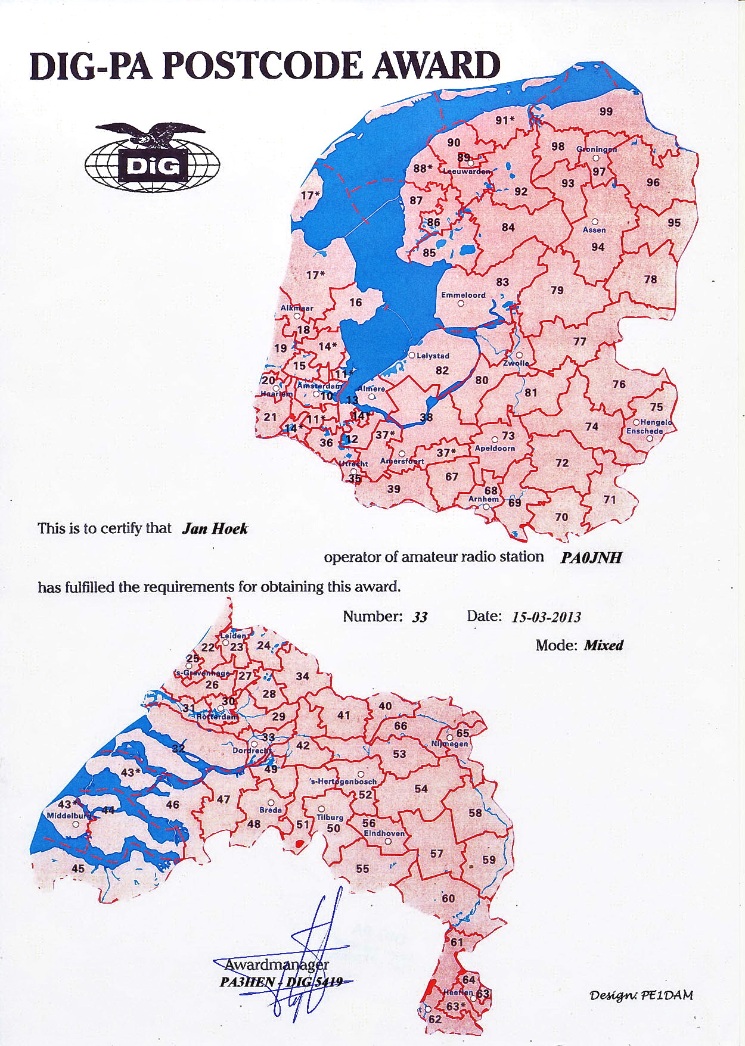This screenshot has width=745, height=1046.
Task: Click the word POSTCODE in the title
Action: [262, 66]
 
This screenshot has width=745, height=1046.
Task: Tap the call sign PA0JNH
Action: [591, 558]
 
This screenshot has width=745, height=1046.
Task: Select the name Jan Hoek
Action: [215, 529]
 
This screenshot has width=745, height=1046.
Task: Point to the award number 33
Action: [420, 617]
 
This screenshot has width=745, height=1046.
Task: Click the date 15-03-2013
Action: [546, 617]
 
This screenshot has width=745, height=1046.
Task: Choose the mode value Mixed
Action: [603, 646]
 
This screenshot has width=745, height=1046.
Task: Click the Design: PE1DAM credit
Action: [641, 995]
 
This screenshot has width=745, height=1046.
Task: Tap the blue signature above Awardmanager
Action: [310, 953]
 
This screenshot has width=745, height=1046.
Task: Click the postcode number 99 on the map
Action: [606, 111]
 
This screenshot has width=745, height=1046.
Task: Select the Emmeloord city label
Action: [463, 295]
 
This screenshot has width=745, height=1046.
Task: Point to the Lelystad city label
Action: [433, 356]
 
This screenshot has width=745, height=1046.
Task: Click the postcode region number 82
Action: [442, 371]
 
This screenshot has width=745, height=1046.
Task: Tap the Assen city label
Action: [594, 229]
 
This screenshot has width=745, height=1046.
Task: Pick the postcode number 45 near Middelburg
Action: [78, 868]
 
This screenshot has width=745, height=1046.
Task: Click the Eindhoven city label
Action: [384, 833]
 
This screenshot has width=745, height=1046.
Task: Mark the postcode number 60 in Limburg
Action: [448, 898]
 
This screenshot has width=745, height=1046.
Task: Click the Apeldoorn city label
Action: [495, 448]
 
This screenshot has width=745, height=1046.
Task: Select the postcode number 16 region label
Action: [356, 303]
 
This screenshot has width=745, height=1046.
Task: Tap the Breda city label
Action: [271, 810]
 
